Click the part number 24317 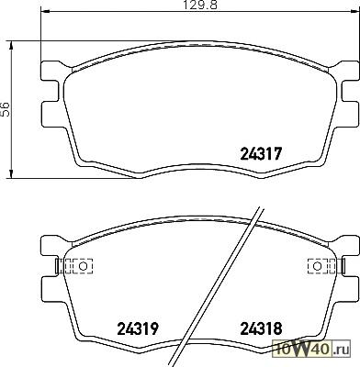click(261, 153)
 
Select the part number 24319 click(138, 328)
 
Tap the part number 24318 click(261, 328)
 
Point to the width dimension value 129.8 click(200, 5)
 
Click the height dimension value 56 click(6, 109)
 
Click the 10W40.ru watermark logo click(311, 349)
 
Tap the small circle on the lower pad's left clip click(83, 266)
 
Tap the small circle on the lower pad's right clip click(318, 266)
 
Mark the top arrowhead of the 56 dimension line click(12, 45)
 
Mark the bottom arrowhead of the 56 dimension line click(12, 173)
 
